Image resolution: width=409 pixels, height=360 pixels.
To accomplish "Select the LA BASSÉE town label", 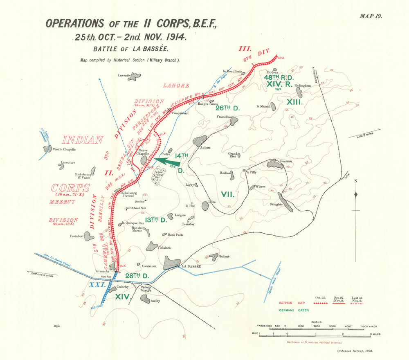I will pos(191,266).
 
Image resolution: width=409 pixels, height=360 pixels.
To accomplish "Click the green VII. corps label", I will pos(228,194).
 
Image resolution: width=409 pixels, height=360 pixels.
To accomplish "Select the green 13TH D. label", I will pos(156,220).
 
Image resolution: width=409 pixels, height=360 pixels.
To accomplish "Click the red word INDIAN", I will pos(83,139).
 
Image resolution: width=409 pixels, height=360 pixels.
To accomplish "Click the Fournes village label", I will pos(289,161).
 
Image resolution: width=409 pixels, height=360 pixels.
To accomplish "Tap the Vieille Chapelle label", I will pos(65,149).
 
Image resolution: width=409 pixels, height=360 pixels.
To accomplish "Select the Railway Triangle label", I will pos(146,289).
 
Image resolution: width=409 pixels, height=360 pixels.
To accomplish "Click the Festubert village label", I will pos(77,236).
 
